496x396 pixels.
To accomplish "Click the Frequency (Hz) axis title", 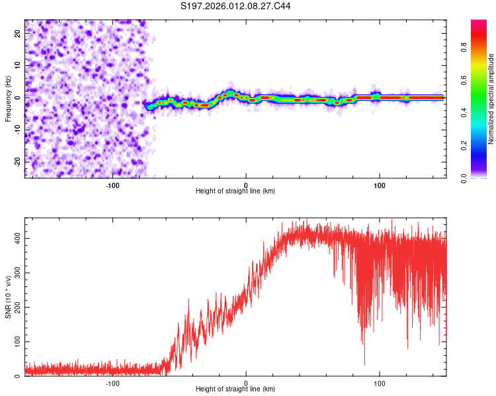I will [8, 98].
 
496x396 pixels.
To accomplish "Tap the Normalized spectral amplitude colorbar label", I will [491, 100].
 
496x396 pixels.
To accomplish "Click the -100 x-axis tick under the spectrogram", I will [112, 184].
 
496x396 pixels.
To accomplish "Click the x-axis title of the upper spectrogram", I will [235, 191].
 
